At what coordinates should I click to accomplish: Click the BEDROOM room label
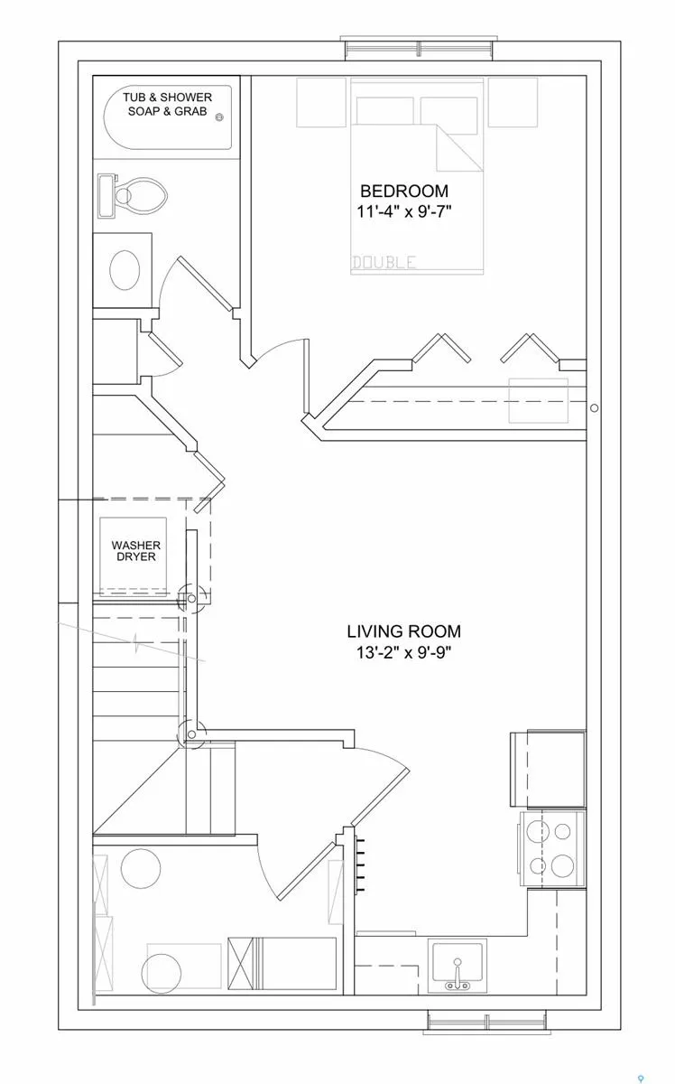(404, 192)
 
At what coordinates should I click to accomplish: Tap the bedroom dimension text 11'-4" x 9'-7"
(404, 211)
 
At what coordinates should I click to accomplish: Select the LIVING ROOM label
(403, 631)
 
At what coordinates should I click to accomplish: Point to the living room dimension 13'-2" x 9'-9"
(403, 652)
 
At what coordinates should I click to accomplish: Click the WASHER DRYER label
(136, 551)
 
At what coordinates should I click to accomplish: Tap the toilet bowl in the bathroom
(141, 197)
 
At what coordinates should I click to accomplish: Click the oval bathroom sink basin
(125, 270)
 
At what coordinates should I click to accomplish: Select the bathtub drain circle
(219, 117)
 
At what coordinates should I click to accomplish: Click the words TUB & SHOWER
(167, 98)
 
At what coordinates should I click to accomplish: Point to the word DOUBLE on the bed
(384, 262)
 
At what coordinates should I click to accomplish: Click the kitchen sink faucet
(458, 974)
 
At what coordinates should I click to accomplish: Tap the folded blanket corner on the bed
(459, 147)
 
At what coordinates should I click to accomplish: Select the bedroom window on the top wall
(419, 49)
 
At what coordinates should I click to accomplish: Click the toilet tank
(106, 197)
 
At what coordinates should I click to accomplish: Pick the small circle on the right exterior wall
(595, 408)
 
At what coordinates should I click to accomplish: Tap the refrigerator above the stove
(549, 769)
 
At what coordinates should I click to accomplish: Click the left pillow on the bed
(385, 111)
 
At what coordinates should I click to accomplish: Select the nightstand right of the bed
(513, 102)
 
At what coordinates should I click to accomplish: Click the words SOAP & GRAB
(167, 111)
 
